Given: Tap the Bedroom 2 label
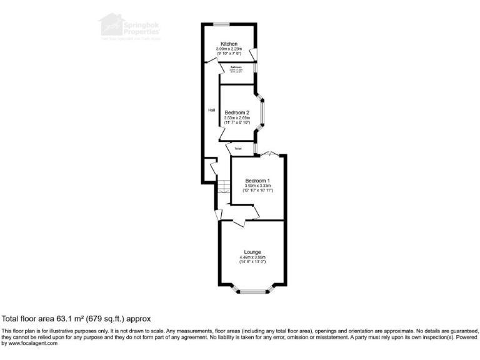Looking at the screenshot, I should coord(237,112).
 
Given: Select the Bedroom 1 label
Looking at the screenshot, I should coord(257,180).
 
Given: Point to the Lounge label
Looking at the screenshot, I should coord(252,252).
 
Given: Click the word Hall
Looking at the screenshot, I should coord(212,111).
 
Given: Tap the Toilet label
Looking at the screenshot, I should coord(238,149).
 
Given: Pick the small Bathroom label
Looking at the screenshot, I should coord(236,67).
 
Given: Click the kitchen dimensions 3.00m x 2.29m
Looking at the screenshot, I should coord(228,49).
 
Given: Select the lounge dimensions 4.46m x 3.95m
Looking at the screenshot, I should coord(252,257).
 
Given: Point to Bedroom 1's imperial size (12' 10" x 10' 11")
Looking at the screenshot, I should coord(257,191).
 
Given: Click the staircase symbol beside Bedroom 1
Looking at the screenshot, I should coord(224,186).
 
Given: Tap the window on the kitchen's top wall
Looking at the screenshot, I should coord(220,24).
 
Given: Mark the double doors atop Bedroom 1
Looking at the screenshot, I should coord(267,154).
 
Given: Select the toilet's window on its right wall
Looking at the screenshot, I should coord(254,148).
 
